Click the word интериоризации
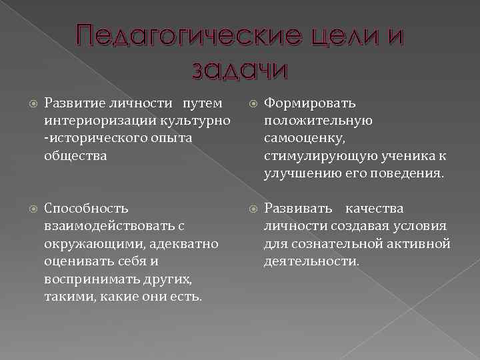click(x=96, y=121)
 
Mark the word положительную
click(x=318, y=121)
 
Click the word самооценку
click(x=304, y=138)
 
